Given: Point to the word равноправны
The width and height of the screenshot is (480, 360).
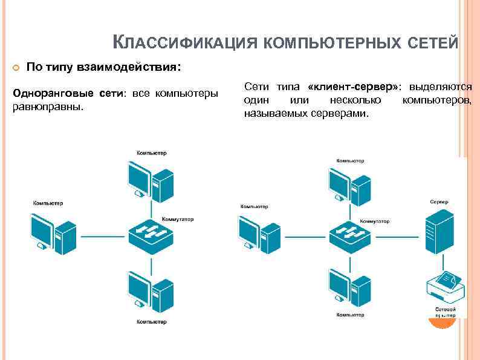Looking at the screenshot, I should coord(47,106).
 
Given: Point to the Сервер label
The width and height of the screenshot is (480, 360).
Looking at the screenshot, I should coord(439,201).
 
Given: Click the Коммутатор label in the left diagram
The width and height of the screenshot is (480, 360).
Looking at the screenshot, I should coord(178,218).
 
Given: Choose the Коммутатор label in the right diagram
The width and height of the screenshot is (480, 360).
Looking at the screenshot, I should coord(374,221).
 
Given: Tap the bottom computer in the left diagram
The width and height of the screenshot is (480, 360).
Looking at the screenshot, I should coord(150,292).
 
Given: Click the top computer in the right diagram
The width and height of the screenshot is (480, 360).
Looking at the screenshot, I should coord(349,184).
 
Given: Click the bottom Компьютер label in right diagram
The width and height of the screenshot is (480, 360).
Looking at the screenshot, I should coord(350,315).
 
